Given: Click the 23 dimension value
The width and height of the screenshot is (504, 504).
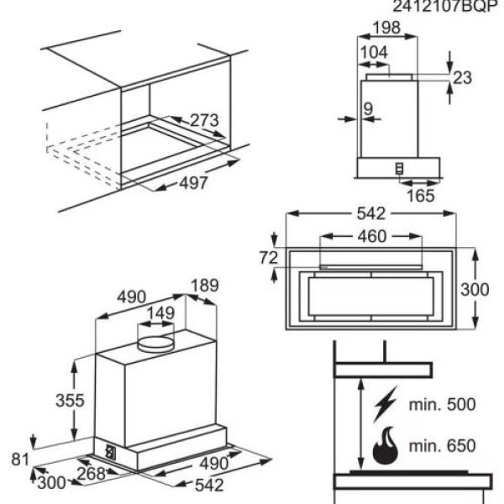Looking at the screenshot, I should [x=462, y=78].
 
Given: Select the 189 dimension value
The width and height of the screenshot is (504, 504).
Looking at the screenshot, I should [x=203, y=286].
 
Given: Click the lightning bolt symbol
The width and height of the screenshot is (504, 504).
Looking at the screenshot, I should [x=385, y=405].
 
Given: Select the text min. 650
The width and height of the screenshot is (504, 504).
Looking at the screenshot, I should [x=442, y=446].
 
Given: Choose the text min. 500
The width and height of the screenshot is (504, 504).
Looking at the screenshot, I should [x=442, y=404].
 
